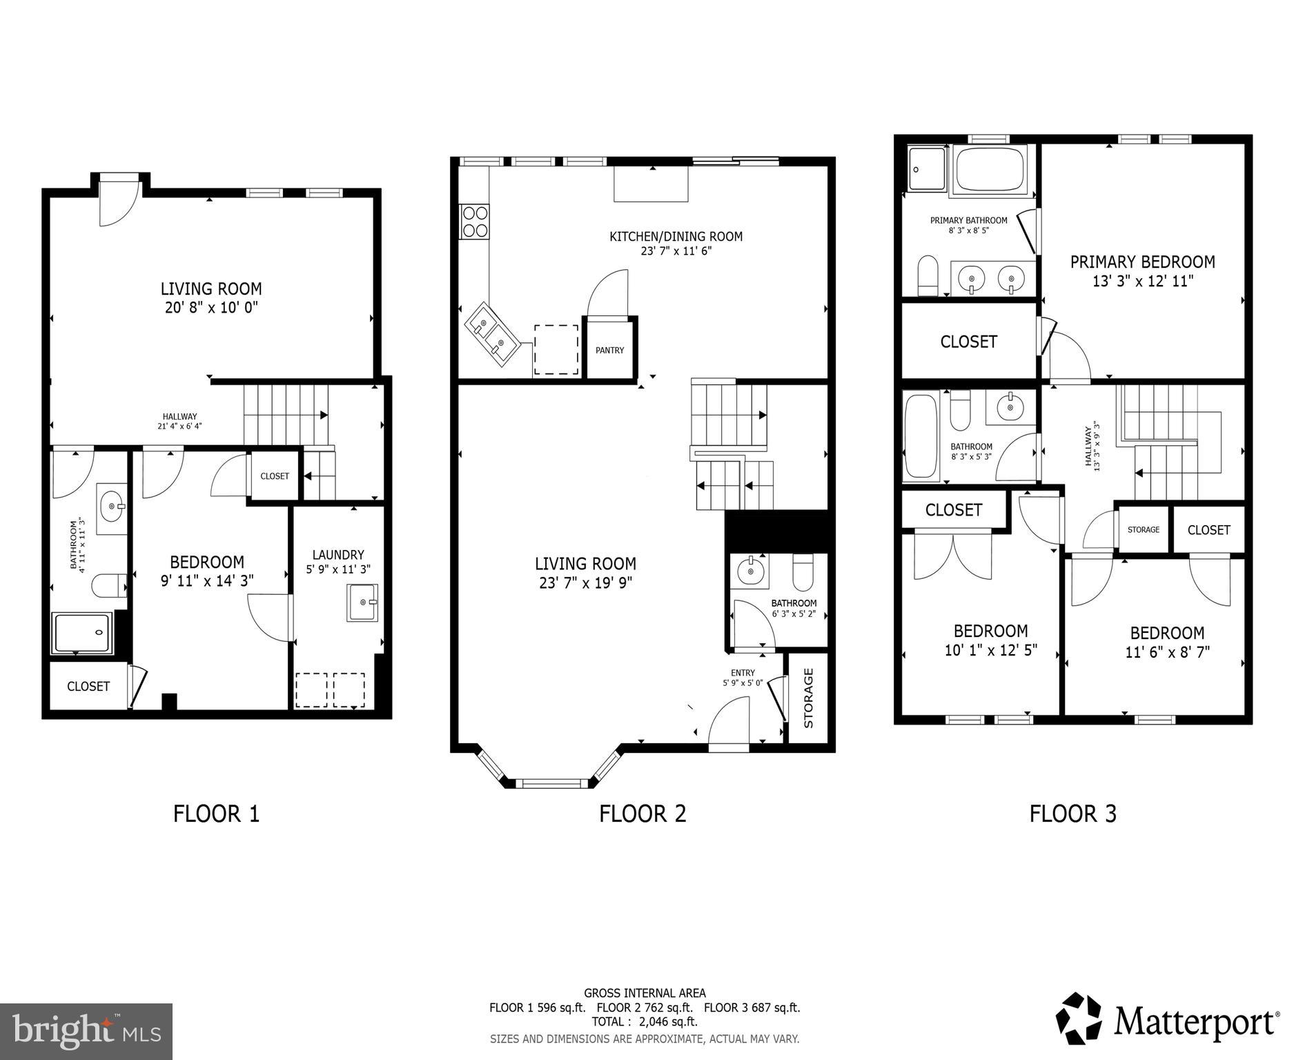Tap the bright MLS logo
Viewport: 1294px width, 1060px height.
coord(86,1032)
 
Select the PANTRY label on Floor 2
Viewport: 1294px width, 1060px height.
coord(609,351)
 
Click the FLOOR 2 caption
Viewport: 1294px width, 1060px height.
coord(642,814)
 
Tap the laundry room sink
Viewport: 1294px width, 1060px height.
coord(363,602)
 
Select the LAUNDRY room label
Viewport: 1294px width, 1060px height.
coord(337,555)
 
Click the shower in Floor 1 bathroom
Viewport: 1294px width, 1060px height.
coord(82,633)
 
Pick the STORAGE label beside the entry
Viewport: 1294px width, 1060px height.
coord(809,698)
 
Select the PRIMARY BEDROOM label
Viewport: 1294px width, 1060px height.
coord(1142,262)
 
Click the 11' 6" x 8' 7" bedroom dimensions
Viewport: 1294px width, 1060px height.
coord(1167,652)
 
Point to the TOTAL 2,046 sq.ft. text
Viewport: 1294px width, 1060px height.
coord(644,1021)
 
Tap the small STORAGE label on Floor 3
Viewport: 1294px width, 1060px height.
coord(1143,530)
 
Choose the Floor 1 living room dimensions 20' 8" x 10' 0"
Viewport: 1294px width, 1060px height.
coord(211,308)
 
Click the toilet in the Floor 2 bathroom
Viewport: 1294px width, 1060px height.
coord(803,571)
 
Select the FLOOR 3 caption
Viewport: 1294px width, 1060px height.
coord(1072,814)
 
